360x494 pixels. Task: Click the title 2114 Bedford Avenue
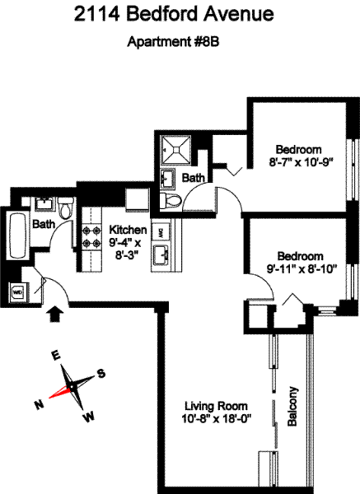coord(174,15)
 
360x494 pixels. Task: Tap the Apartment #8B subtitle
coord(173,42)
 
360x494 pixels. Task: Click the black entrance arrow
coord(55,314)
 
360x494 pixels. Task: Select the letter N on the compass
coord(39,404)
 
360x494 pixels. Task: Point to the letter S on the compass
coord(101,373)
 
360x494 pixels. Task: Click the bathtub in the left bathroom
coord(17,235)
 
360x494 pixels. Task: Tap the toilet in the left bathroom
coord(66,208)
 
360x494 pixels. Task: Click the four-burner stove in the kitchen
coord(91,237)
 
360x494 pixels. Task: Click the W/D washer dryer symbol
coord(17,292)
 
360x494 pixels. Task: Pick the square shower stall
coord(175,149)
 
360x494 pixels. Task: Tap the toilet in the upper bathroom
coord(171,200)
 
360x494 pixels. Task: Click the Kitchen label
coord(128,230)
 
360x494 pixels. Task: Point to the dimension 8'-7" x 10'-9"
coord(301,162)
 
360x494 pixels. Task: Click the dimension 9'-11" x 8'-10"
coord(302,268)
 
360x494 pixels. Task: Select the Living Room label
coord(216,406)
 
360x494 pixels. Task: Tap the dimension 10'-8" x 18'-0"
coord(217,419)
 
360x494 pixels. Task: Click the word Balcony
coord(292,407)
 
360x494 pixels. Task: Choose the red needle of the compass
coord(60,392)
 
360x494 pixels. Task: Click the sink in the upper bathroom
coord(167,179)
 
